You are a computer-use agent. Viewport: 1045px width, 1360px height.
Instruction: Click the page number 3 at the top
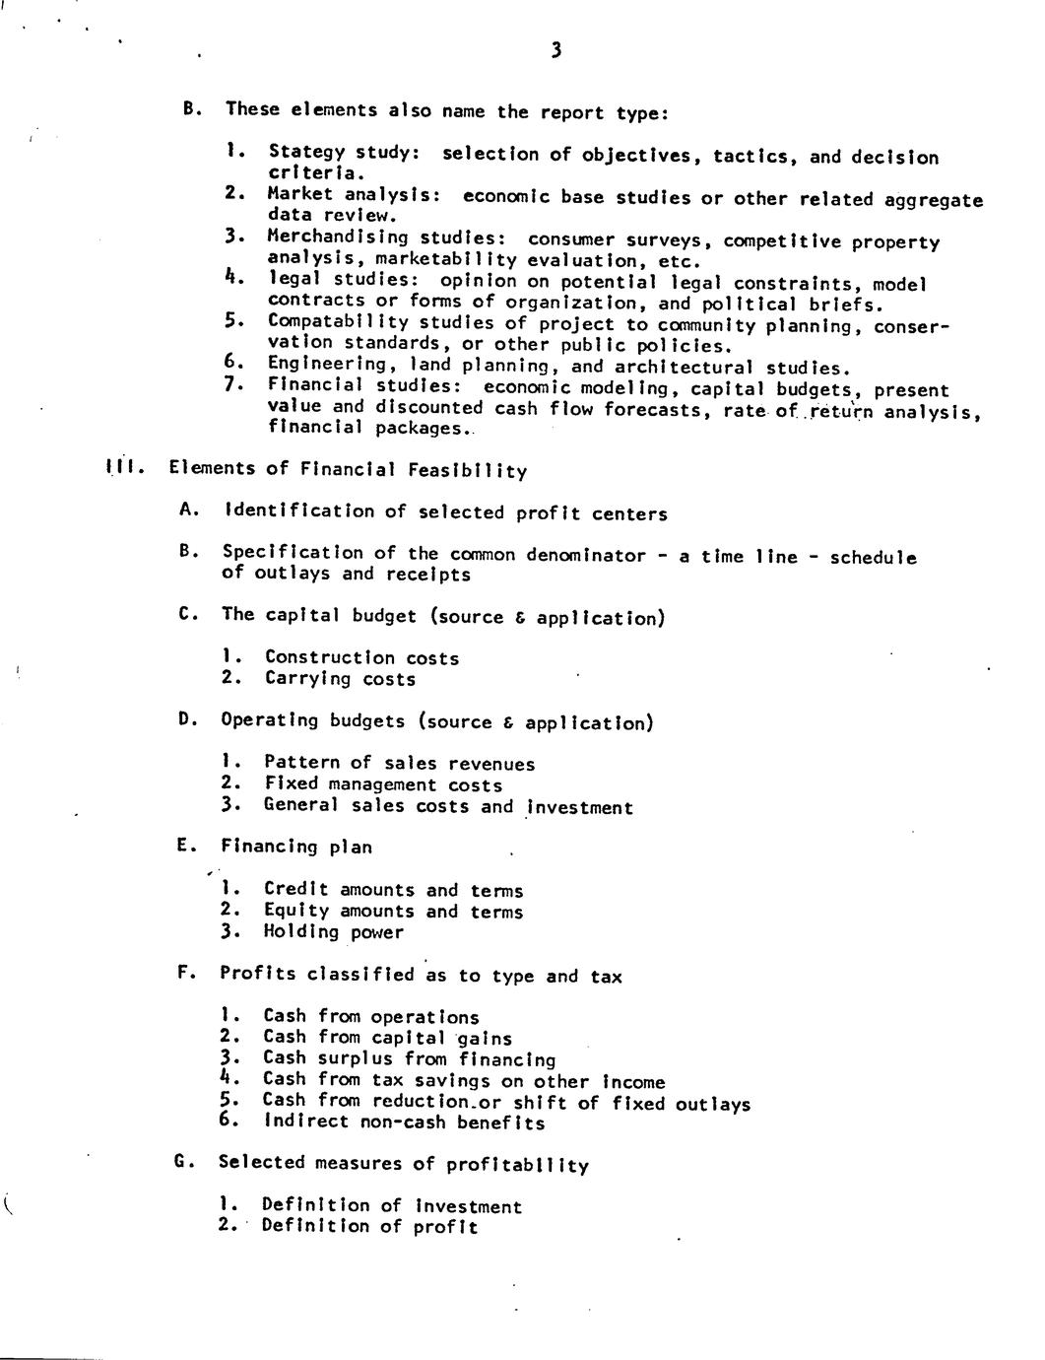[556, 51]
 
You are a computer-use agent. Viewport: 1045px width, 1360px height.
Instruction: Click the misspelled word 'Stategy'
[306, 152]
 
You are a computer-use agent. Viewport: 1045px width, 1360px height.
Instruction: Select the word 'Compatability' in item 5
[337, 321]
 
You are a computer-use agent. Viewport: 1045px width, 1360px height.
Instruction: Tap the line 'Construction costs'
[361, 657]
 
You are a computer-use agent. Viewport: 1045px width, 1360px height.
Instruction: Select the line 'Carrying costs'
[340, 679]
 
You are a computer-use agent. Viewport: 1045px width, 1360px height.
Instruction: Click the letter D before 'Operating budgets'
[185, 719]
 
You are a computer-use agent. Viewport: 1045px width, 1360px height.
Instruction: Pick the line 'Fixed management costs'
[383, 784]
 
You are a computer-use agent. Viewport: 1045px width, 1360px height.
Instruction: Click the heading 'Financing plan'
[296, 846]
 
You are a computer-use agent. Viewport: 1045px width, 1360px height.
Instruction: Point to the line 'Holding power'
[333, 932]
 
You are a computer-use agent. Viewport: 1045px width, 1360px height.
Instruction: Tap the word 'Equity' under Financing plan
[296, 911]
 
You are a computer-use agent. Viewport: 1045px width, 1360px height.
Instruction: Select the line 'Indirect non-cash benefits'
[403, 1122]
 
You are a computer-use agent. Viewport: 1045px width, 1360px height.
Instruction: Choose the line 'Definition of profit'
[369, 1227]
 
